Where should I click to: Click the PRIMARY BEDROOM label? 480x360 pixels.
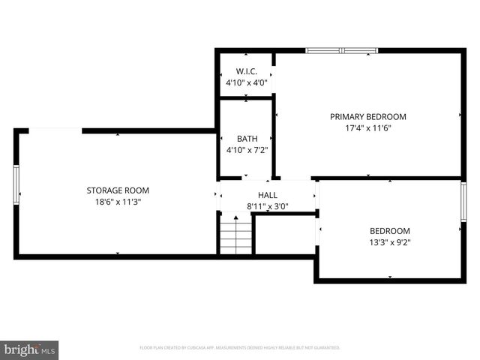coord(368,116)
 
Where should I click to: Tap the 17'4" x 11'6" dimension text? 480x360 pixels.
coord(368,127)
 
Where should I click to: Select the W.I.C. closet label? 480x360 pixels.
coord(247,71)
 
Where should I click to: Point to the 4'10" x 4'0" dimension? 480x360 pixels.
coord(247,82)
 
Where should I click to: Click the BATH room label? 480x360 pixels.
coord(247,139)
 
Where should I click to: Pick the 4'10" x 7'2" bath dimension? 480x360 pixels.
coord(247,150)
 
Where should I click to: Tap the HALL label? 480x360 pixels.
coord(268,195)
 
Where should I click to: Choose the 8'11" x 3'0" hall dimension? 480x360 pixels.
coord(268,206)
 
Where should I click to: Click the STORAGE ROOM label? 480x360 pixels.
coord(118,190)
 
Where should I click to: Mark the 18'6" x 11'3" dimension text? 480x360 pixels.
coord(118,201)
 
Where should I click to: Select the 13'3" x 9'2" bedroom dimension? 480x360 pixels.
coord(390,241)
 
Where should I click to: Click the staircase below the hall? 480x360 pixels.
coord(235,235)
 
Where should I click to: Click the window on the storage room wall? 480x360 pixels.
coord(16,184)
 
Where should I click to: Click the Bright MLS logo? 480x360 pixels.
coord(30,349)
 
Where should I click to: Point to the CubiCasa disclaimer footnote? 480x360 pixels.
coord(240,348)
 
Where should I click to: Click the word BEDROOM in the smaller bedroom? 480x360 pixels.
coord(390,230)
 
